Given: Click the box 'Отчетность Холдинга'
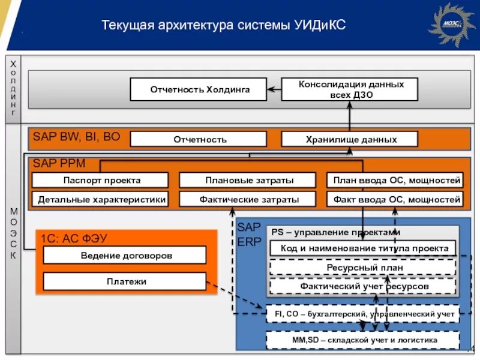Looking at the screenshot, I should pos(199,90).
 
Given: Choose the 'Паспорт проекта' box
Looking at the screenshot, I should pos(100,180).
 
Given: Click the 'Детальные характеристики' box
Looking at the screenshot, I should pos(100,199).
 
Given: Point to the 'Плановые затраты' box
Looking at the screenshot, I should pos(248,180).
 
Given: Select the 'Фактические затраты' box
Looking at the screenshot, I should pos(248,199).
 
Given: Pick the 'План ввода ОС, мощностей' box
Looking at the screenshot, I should pos(395,180).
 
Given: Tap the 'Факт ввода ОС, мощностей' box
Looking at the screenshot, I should pos(395,199).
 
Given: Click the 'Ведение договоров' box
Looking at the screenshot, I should pos(125,255).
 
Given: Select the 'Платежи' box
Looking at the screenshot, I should pos(125,281).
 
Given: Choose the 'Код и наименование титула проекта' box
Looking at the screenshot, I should pos(360,248).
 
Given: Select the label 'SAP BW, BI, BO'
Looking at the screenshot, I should pos(76,137).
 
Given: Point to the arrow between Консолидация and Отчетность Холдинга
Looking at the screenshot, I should pos(274,90).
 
